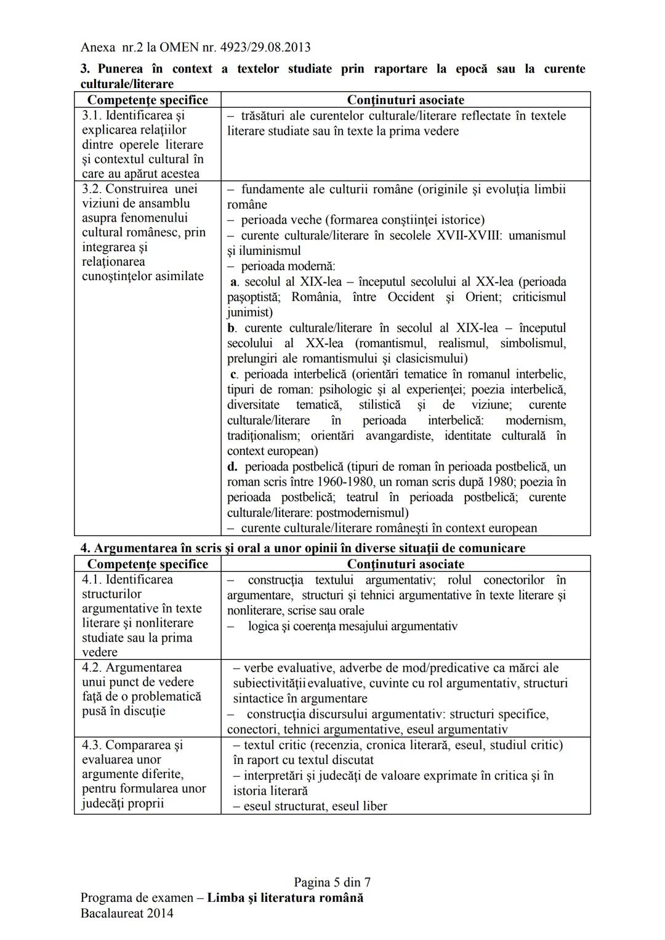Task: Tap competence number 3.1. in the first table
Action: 92,116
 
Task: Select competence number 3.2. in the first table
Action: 92,189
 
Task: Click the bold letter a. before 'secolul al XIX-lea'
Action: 234,282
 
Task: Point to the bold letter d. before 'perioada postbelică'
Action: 233,467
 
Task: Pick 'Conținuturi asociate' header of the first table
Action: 405,100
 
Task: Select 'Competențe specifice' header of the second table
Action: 148,564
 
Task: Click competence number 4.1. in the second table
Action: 92,580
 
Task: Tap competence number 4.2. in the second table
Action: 92,668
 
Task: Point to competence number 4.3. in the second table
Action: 92,745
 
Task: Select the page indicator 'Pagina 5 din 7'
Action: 332,883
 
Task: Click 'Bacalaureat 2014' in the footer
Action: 127,913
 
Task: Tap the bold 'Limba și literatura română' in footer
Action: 285,898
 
